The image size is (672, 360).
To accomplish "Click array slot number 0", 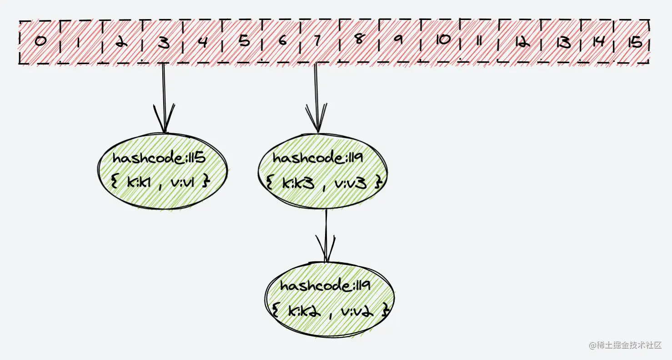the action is (40, 42).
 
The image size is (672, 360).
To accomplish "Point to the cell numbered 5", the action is (244, 42).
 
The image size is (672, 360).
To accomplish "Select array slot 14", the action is (598, 42).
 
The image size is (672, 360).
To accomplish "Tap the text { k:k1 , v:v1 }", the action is (160, 182).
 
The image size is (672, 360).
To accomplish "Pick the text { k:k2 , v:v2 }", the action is (331, 311).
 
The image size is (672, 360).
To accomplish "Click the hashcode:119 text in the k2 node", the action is (326, 286).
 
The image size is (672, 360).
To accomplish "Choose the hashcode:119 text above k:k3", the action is (318, 158).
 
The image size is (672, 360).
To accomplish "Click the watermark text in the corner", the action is (625, 346).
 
